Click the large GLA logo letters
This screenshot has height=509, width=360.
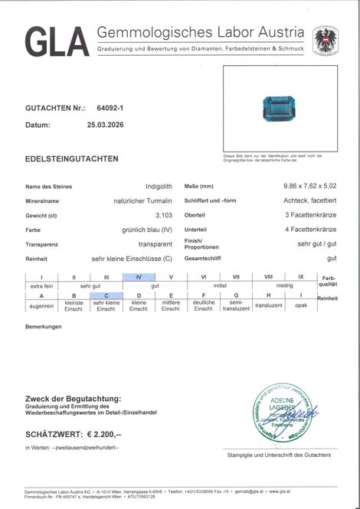point(57,41)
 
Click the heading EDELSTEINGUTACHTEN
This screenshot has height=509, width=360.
point(72,158)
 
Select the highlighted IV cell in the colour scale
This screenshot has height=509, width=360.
point(139,276)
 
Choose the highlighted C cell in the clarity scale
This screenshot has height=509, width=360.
point(106,295)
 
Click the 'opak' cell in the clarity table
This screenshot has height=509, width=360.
point(301,304)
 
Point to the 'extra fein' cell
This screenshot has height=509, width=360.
point(41,285)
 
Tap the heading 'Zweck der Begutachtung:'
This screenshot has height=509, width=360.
point(73,399)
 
